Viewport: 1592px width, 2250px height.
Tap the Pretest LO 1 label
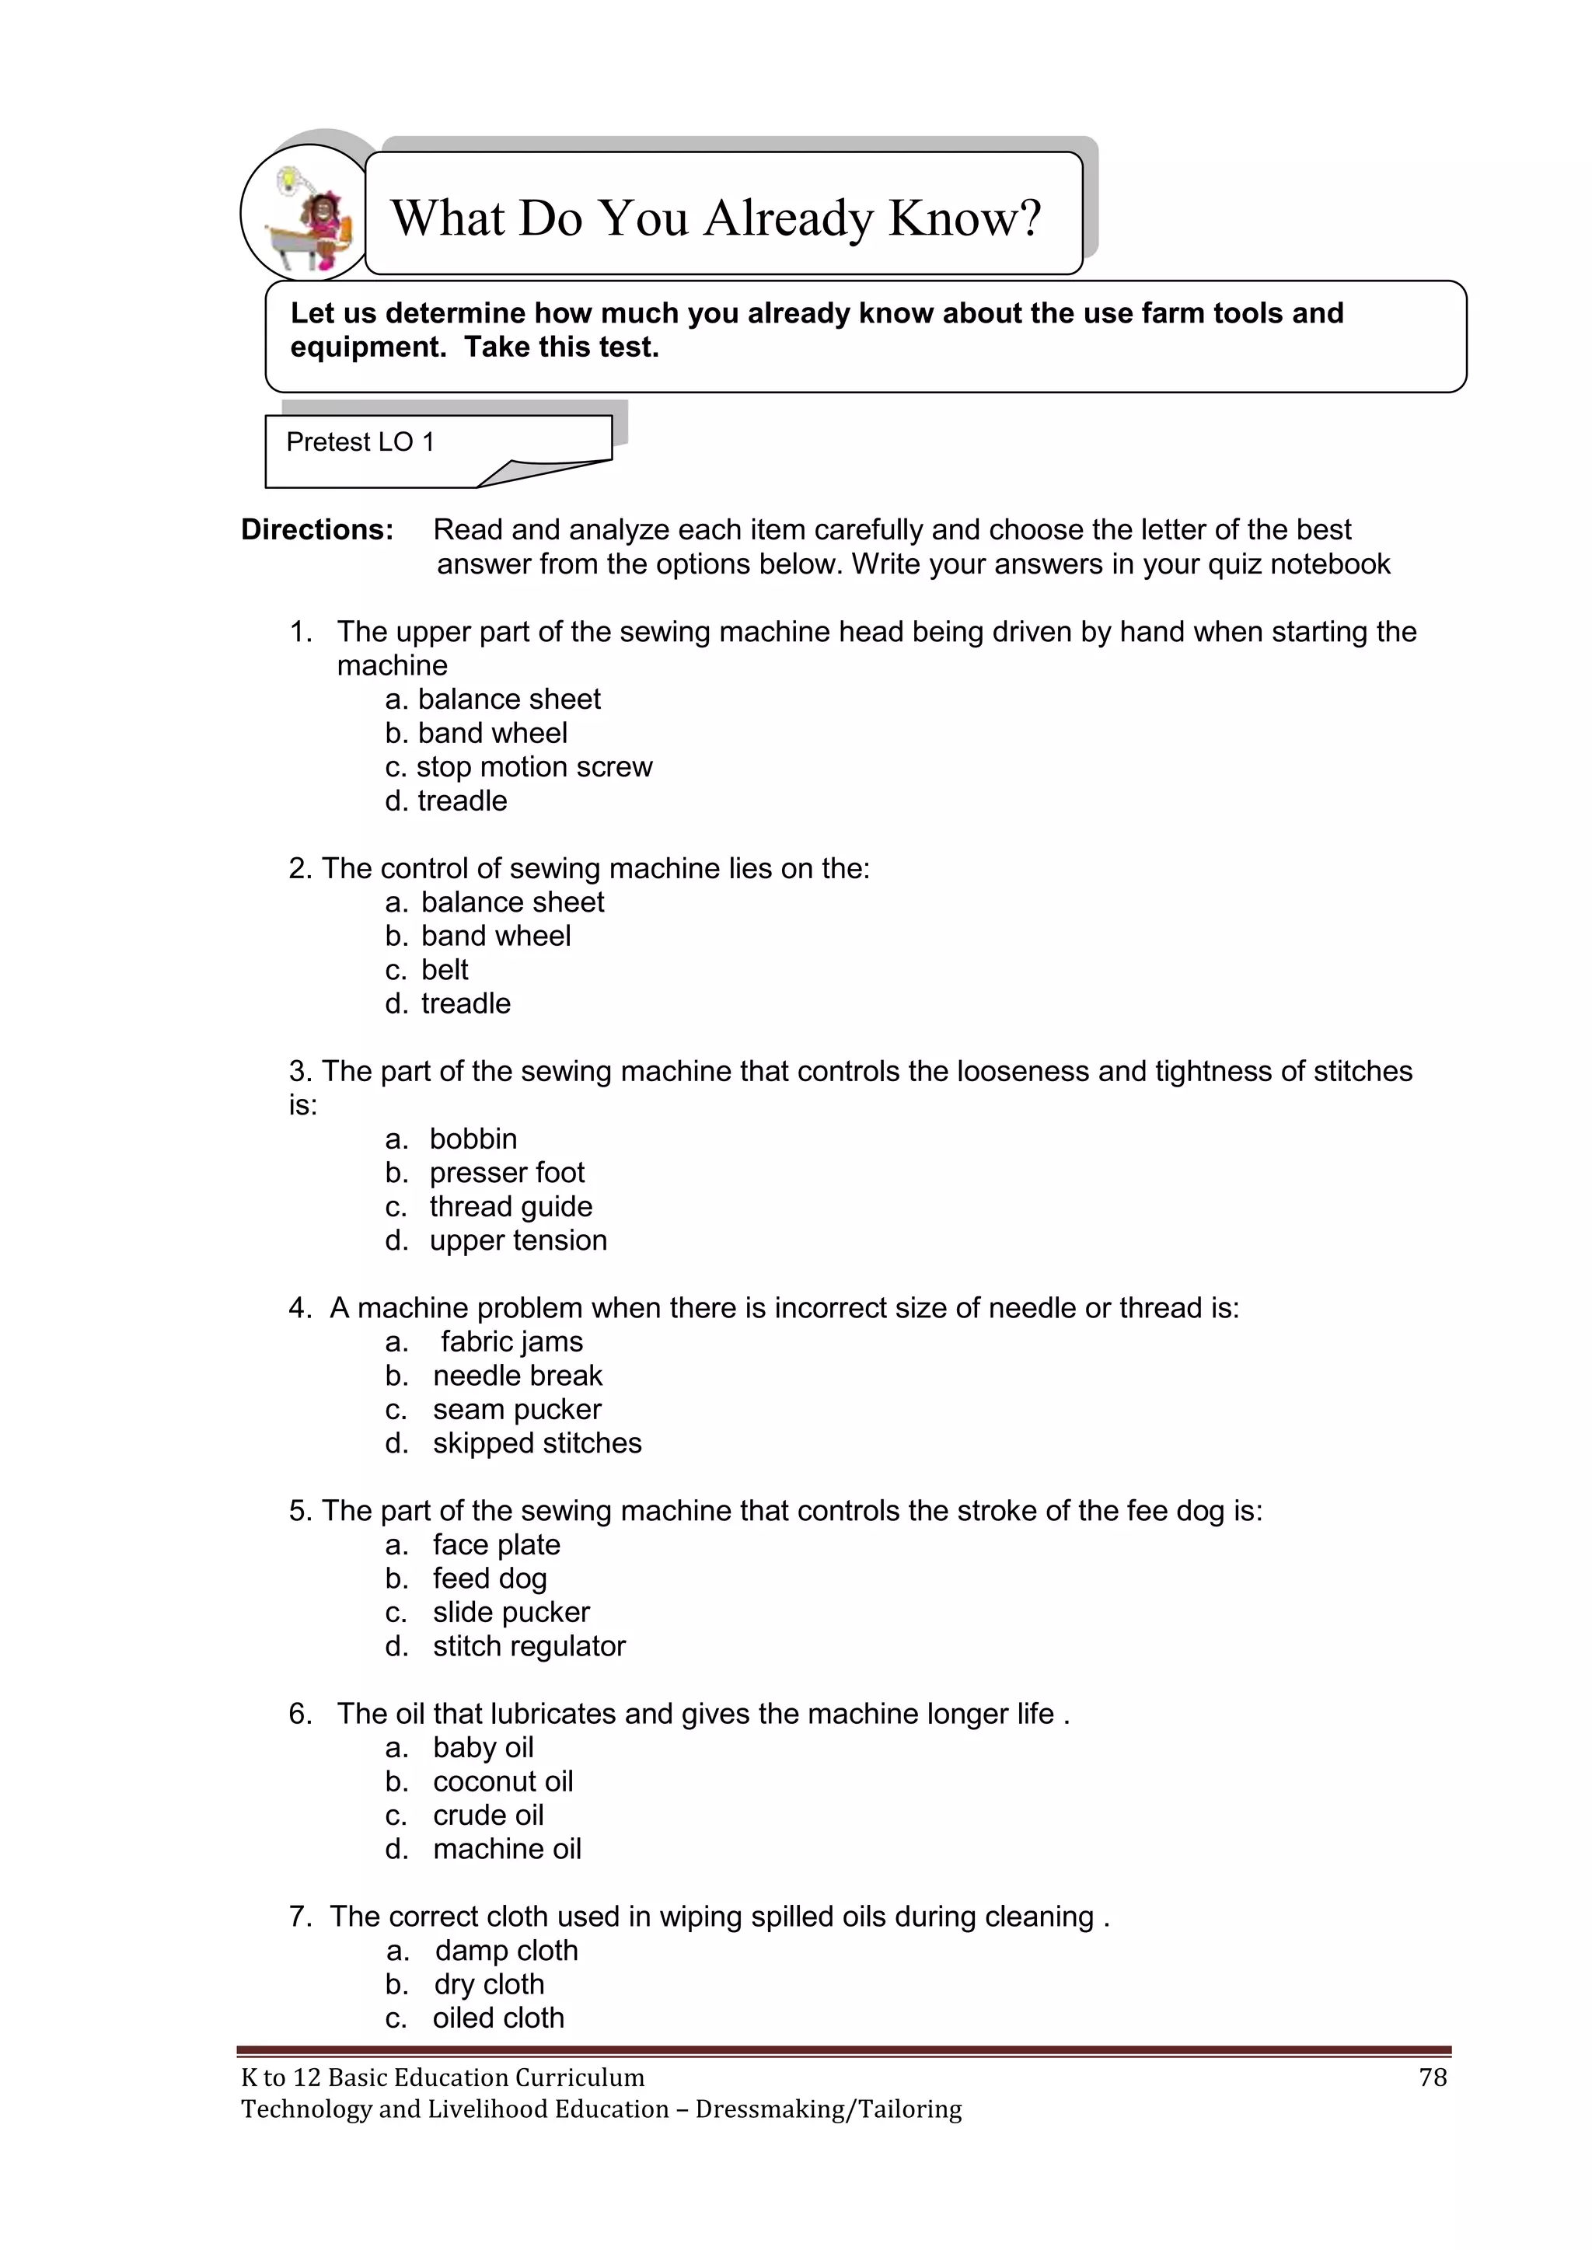point(360,442)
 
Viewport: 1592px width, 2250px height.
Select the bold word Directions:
point(316,530)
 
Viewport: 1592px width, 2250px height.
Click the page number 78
point(1432,2077)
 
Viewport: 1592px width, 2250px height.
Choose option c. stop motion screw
point(518,766)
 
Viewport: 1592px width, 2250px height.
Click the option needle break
point(517,1375)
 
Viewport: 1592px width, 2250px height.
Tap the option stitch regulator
point(529,1645)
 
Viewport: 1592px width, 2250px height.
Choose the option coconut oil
point(503,1781)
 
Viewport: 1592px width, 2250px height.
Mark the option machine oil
point(507,1848)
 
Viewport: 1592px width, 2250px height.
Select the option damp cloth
point(506,1950)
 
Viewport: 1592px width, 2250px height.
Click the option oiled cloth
point(498,2018)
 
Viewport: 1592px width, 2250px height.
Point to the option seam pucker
point(517,1409)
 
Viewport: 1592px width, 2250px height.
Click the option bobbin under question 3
point(473,1139)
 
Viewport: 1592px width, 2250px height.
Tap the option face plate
point(496,1544)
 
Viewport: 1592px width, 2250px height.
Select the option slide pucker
point(511,1612)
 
